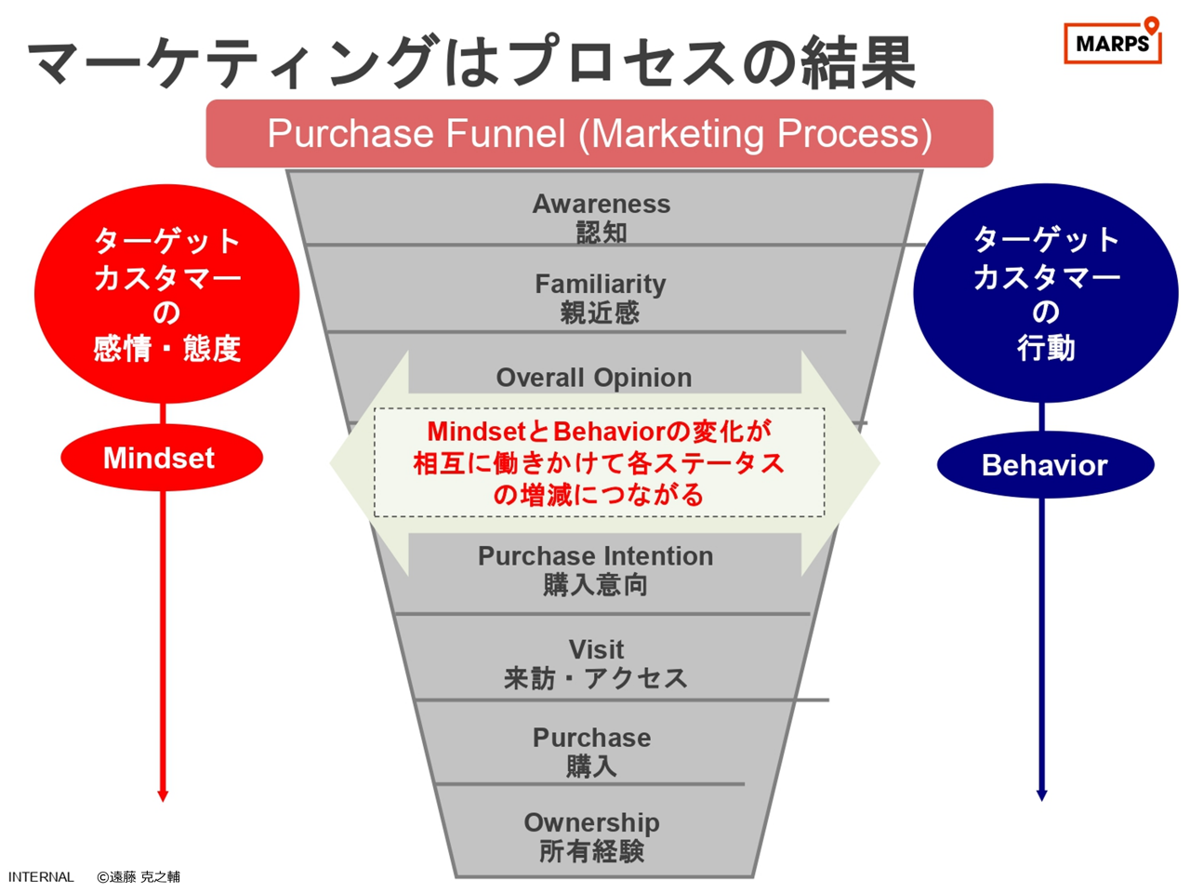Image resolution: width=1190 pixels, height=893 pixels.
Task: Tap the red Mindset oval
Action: coord(162,458)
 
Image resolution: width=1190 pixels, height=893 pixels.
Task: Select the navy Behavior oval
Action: coord(1045,465)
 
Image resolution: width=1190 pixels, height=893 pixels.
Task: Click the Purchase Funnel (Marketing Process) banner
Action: coord(599,133)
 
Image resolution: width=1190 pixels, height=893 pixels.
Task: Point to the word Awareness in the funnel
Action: coord(602,204)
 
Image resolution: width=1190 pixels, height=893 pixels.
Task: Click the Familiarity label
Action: coord(601,284)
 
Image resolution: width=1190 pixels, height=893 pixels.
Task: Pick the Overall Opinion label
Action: coord(594,378)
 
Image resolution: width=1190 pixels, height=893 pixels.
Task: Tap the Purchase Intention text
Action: coord(595,556)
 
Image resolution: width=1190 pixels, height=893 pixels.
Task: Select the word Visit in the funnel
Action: coord(596,649)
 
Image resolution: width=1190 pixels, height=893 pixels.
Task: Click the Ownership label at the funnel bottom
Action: coord(591,823)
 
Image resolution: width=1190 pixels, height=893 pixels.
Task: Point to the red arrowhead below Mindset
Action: coord(163,796)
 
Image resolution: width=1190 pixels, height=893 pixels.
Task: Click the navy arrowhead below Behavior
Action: coord(1041,795)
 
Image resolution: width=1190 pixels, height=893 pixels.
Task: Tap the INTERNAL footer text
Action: coord(41,877)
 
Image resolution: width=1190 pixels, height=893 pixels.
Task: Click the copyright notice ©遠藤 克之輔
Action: coord(139,877)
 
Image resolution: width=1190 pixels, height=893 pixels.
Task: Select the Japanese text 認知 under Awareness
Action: coord(602,233)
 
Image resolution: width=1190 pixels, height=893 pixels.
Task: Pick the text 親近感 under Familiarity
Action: coord(600,313)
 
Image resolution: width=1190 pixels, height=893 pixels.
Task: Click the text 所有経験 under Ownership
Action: coord(591,851)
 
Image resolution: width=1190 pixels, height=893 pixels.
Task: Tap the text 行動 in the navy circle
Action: coord(1045,348)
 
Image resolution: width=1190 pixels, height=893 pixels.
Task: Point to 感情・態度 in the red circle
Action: coord(167,349)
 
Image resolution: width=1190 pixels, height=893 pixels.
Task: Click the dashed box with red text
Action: coord(599,462)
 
